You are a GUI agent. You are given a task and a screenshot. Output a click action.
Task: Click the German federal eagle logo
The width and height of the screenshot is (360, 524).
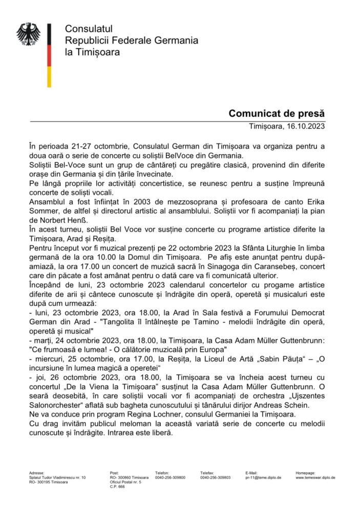point(28,35)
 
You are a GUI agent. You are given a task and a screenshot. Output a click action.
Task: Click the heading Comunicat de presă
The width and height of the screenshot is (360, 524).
point(277,113)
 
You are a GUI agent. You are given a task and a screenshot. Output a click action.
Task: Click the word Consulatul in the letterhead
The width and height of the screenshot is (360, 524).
point(89,28)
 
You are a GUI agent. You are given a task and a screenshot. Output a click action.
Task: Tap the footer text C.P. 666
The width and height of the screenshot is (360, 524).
point(117,487)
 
